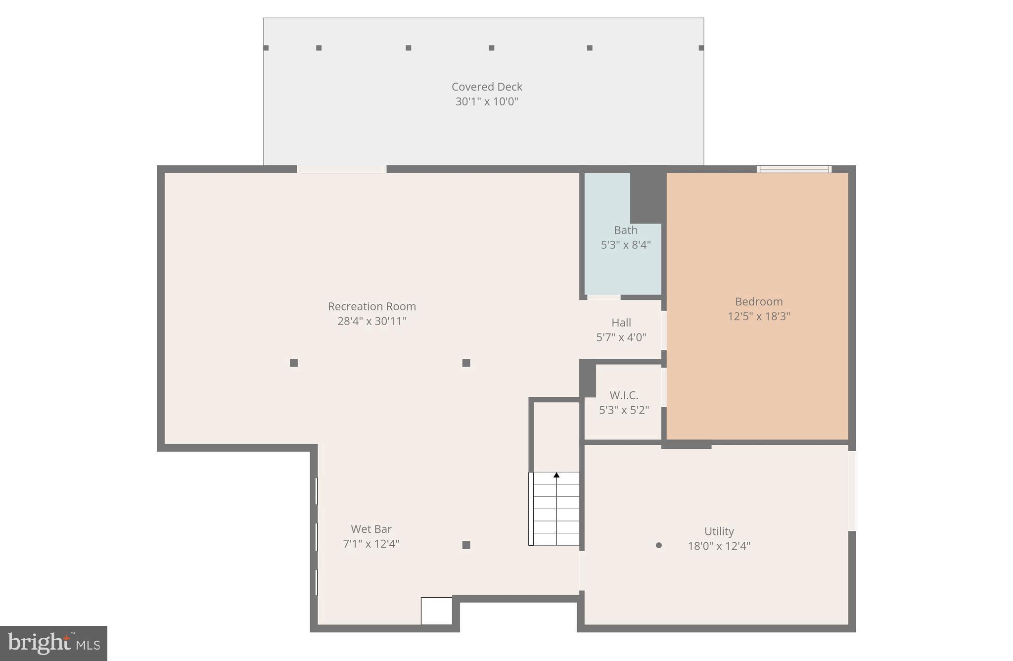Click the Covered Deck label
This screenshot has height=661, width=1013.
pos(487,87)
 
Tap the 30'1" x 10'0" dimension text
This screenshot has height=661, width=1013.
pos(487,101)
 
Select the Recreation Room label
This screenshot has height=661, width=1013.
pos(372,306)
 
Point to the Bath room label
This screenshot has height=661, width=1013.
pos(626,230)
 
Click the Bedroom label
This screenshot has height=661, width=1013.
pos(759,301)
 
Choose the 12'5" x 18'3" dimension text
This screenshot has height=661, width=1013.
pos(759,316)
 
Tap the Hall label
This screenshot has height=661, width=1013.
pos(621,323)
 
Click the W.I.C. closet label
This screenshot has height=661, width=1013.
pos(624,395)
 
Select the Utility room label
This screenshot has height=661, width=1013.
pos(719,531)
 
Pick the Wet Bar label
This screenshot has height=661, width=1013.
pos(371,529)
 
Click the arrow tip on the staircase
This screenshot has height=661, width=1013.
pos(556,475)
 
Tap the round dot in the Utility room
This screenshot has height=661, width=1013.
pos(658,545)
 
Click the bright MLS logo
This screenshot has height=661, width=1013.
pos(53,643)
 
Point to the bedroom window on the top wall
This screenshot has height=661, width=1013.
pos(794,169)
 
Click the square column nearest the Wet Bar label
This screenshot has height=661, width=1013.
pos(466,545)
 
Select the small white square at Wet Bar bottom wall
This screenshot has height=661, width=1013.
pos(436,611)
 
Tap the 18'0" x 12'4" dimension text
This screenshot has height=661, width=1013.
pos(719,546)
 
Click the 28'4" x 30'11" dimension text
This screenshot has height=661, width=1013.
pos(372,321)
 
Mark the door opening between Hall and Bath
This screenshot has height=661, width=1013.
pos(604,297)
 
